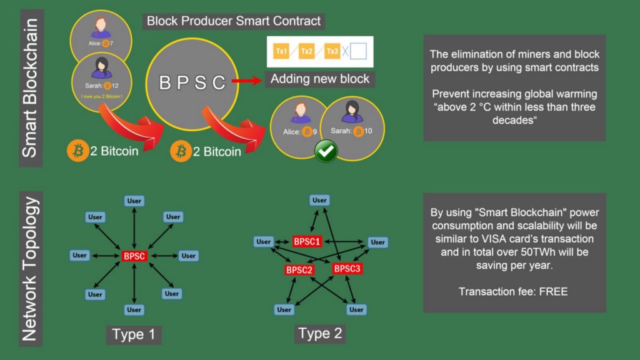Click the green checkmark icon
[326, 151]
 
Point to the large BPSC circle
[192, 82]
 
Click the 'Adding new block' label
[319, 79]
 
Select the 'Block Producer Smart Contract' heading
[234, 21]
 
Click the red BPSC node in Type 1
[134, 256]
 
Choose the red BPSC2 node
[299, 270]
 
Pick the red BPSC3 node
[347, 269]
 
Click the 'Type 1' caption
[133, 335]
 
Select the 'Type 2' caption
[320, 334]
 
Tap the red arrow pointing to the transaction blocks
[247, 81]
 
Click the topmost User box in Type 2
[320, 200]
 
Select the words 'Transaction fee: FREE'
[513, 291]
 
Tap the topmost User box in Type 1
[134, 201]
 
